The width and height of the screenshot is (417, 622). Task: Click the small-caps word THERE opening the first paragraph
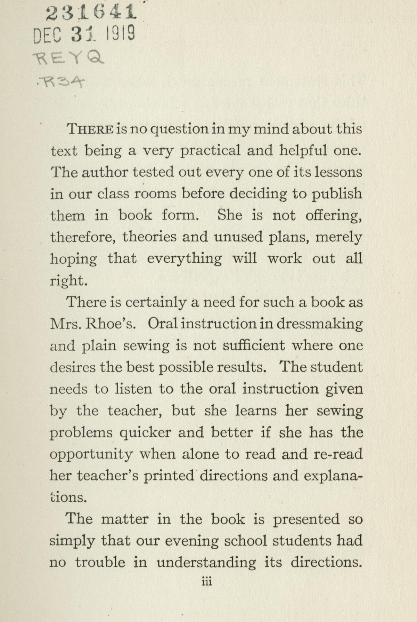coord(90,129)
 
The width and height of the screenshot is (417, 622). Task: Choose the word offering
coord(334,216)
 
